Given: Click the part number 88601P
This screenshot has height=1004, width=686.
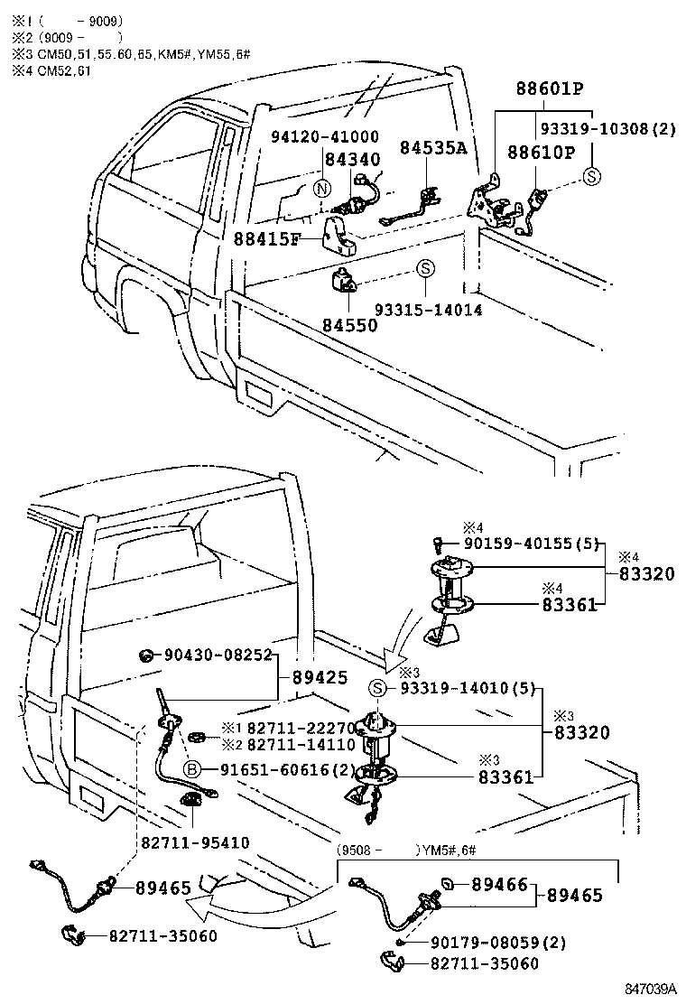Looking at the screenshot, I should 550,90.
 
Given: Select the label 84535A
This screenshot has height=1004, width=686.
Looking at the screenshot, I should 433,147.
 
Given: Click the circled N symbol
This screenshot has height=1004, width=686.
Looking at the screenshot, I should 321,189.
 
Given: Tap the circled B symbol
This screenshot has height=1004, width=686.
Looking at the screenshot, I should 191,768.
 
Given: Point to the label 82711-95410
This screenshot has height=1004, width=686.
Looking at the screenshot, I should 194,841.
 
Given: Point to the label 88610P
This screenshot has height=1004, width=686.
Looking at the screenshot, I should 540,152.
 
